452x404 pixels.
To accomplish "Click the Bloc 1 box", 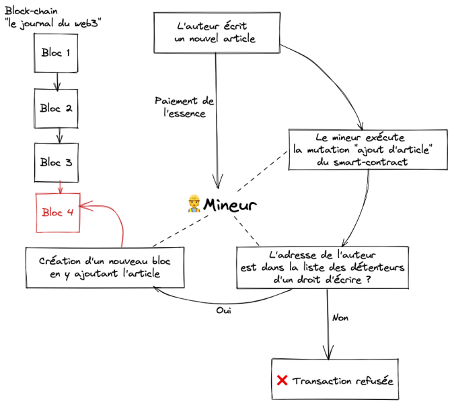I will point(57,52).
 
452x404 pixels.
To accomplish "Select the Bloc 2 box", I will point(57,107).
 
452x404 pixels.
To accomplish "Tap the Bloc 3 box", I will point(57,162).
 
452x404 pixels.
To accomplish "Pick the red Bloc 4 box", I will point(57,212).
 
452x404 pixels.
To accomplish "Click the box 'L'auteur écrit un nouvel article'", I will point(215,33).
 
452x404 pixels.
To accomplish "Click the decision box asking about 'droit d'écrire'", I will point(323,268).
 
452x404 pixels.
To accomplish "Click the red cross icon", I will point(282,381).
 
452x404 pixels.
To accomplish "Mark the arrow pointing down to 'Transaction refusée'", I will point(328,330).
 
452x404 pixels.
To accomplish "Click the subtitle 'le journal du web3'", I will point(53,24).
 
